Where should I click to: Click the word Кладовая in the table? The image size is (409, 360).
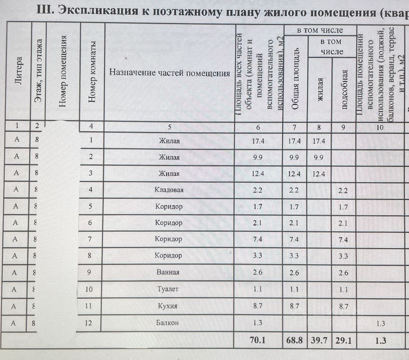point(169,190)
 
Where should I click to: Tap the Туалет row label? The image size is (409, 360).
point(169,289)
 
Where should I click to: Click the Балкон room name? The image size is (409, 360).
point(169,323)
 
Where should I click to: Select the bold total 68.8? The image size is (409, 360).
point(295,339)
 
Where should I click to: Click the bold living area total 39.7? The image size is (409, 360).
point(319,339)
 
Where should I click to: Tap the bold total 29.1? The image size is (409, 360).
point(343,339)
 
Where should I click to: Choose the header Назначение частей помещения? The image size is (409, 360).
point(170,73)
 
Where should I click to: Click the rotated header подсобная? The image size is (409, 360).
point(344,89)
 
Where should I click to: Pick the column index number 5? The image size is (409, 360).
point(169,126)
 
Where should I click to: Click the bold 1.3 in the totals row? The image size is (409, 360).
point(379,339)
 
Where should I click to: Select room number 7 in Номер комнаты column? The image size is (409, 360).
point(91,239)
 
